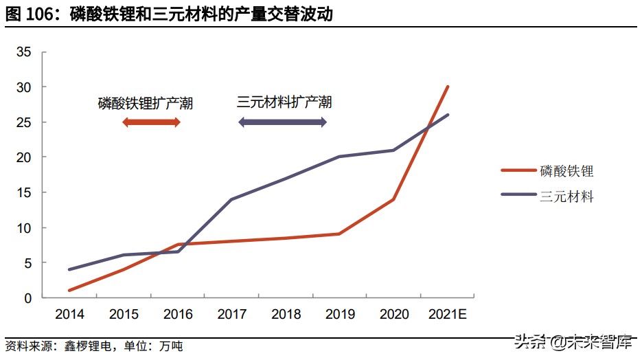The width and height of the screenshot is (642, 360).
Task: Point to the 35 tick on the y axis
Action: coord(24,52)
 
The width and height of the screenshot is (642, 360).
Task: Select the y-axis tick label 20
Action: coord(24,157)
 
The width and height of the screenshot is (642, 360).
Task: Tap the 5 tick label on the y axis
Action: coord(27,263)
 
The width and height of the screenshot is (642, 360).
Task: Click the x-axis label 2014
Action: coord(69,315)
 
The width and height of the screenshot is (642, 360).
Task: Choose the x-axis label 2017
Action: coord(232,315)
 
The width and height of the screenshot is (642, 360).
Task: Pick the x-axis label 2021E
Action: coord(448,315)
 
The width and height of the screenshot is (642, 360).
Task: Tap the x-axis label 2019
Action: coord(340,315)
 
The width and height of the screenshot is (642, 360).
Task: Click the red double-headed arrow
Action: coord(151,122)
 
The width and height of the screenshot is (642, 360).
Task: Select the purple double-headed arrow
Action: coord(282,122)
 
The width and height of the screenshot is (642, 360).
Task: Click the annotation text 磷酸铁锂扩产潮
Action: coord(145,104)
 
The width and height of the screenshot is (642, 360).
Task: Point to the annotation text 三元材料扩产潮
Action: coord(284,102)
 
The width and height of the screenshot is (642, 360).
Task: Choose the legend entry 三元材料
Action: coord(566,196)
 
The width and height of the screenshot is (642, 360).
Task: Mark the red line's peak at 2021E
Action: coord(448,87)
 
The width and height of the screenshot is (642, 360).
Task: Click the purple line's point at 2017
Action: coord(231,199)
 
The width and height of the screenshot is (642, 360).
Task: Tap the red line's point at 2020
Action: coord(393,199)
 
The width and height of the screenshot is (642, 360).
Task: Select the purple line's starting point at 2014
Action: coord(69,269)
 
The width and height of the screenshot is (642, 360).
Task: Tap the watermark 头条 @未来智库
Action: coord(573,341)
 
